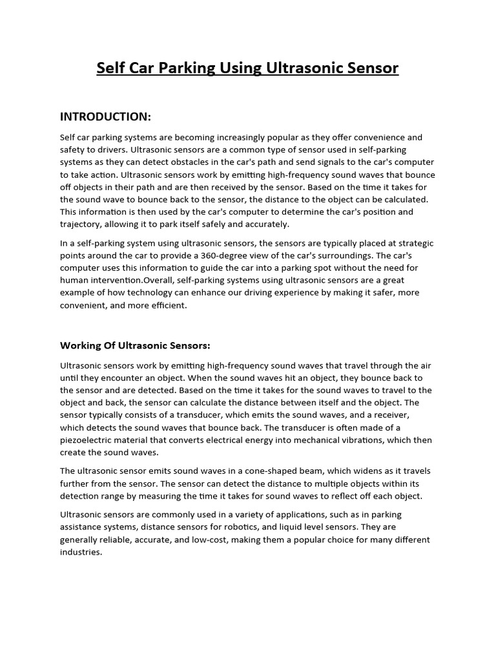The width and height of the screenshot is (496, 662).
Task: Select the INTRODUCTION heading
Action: [x=105, y=116]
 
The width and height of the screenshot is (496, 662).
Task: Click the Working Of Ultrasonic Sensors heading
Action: [x=135, y=345]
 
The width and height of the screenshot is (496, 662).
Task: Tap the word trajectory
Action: [x=81, y=224]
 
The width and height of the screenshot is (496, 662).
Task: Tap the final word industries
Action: [x=81, y=552]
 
